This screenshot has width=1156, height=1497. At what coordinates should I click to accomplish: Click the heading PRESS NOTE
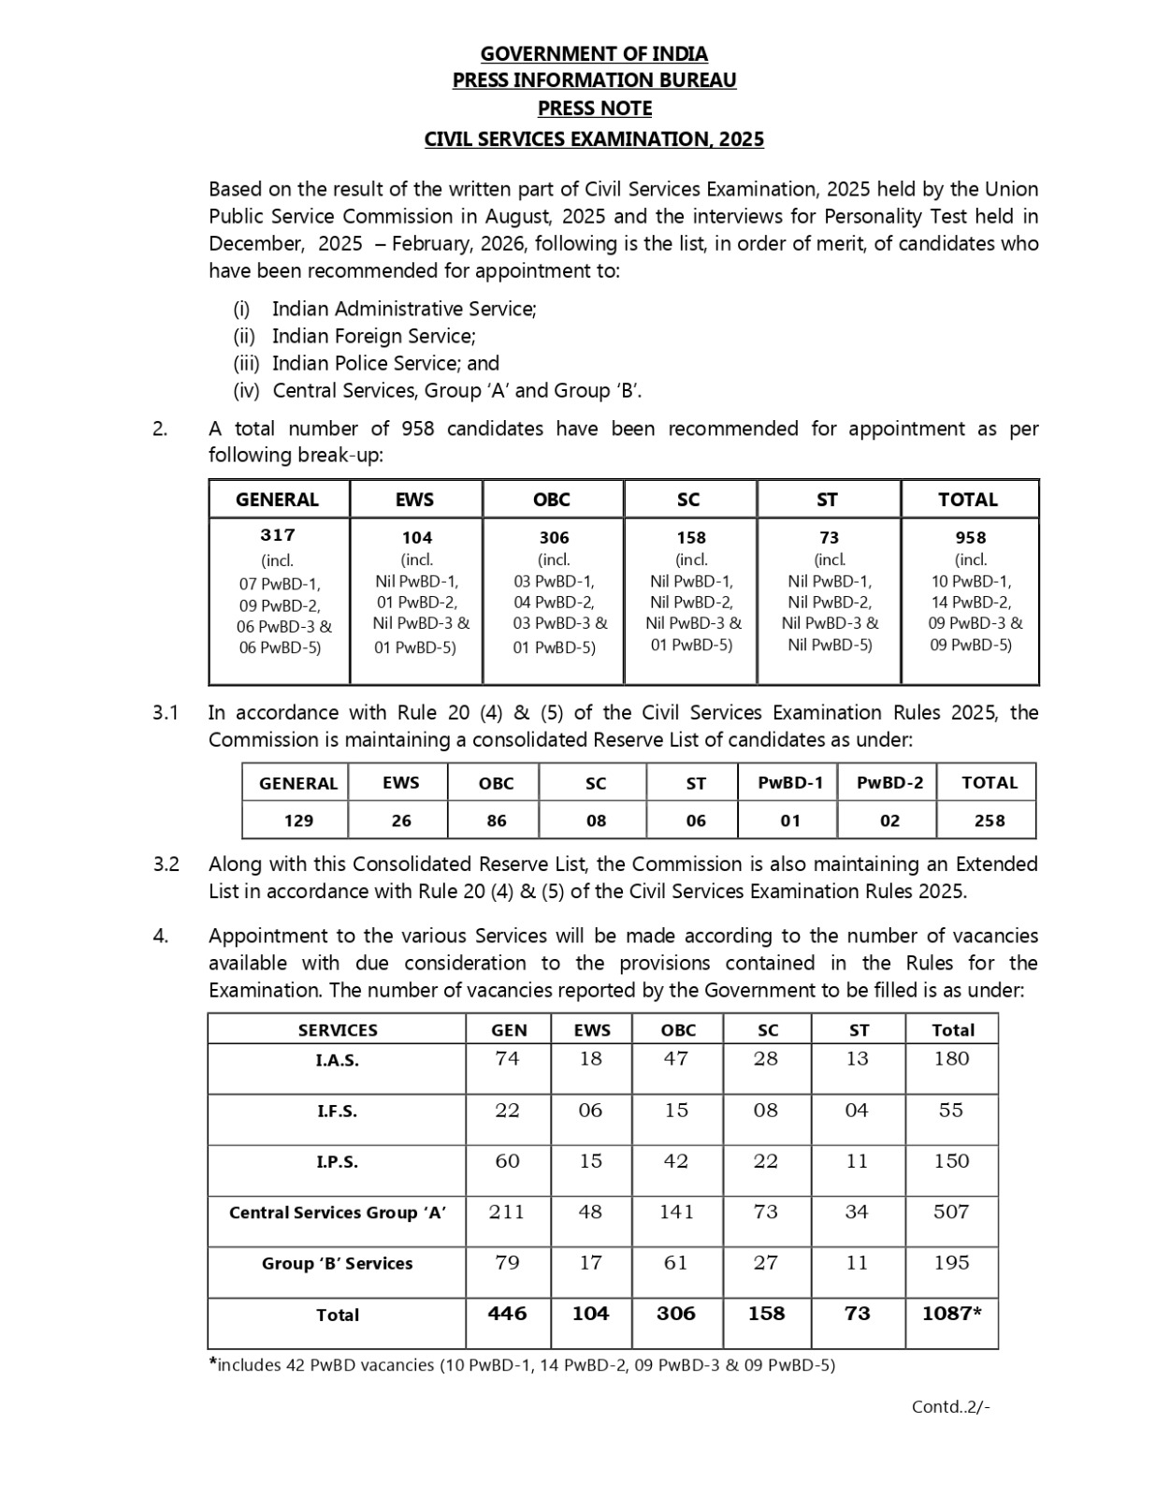click(x=595, y=109)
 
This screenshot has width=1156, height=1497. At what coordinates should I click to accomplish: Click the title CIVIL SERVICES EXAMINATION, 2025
click(x=594, y=139)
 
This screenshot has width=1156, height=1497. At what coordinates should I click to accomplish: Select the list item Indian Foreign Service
click(x=373, y=336)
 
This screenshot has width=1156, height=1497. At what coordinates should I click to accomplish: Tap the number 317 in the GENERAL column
click(x=278, y=535)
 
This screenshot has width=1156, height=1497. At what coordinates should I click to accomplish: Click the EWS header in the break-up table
click(x=414, y=500)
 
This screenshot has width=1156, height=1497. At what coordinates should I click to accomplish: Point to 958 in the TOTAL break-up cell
click(x=971, y=538)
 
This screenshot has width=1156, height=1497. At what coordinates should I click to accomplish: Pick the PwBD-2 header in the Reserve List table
click(x=889, y=783)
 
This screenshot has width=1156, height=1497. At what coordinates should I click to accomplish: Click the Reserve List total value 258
click(x=989, y=821)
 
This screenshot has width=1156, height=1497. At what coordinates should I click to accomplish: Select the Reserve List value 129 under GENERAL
click(x=298, y=821)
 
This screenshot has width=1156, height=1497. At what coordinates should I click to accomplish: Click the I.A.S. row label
click(x=337, y=1061)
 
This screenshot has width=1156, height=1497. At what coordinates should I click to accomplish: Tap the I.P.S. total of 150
click(x=951, y=1161)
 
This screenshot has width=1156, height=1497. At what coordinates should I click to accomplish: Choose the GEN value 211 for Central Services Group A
click(x=507, y=1212)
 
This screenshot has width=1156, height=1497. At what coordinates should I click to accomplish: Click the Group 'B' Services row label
click(x=337, y=1263)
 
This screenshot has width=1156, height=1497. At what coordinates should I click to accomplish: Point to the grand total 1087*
click(x=951, y=1314)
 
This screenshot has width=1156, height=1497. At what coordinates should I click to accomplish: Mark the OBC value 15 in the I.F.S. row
click(x=676, y=1111)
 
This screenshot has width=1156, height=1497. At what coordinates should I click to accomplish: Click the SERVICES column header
click(x=338, y=1030)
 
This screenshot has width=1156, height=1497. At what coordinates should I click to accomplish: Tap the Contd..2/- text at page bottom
click(x=950, y=1406)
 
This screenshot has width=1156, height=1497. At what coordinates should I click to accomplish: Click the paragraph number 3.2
click(x=166, y=865)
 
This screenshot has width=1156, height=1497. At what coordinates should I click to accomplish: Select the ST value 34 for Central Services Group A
click(x=857, y=1212)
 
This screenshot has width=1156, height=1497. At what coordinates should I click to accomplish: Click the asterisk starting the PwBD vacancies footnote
click(x=213, y=1362)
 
